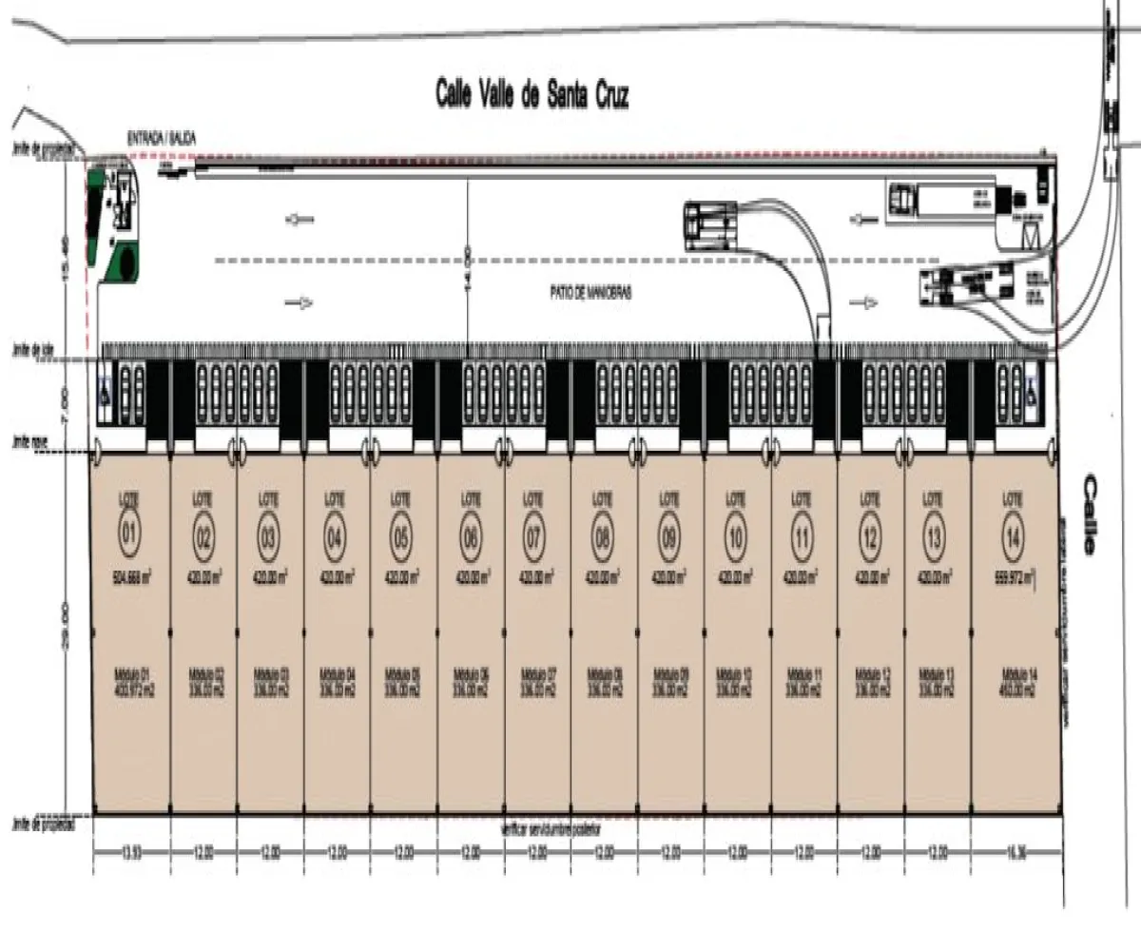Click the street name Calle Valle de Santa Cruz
tap(532, 95)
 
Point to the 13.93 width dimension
tap(131, 851)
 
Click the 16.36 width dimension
tap(1015, 851)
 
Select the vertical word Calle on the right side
tap(1088, 514)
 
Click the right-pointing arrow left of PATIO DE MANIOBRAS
tap(300, 303)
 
